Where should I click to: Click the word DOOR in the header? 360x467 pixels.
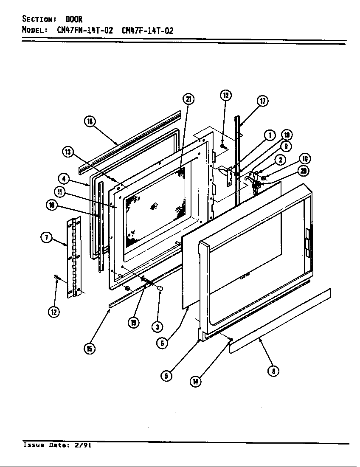(x=74, y=19)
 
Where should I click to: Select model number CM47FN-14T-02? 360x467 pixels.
(x=84, y=31)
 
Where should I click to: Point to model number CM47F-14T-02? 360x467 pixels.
(x=147, y=31)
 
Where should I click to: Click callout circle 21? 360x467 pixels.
(x=188, y=99)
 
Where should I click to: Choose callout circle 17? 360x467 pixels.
(x=262, y=101)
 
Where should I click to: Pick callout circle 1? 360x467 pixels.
(x=269, y=135)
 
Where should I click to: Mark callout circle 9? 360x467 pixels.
(x=285, y=146)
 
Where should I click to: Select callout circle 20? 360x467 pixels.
(x=303, y=171)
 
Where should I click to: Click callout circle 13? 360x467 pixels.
(x=68, y=152)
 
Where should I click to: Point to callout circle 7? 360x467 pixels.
(x=46, y=237)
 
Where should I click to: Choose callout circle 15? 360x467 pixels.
(x=89, y=349)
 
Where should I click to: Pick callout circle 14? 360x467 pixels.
(x=195, y=381)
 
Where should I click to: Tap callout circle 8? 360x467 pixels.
(x=273, y=371)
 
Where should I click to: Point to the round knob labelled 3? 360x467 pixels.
(x=160, y=289)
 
